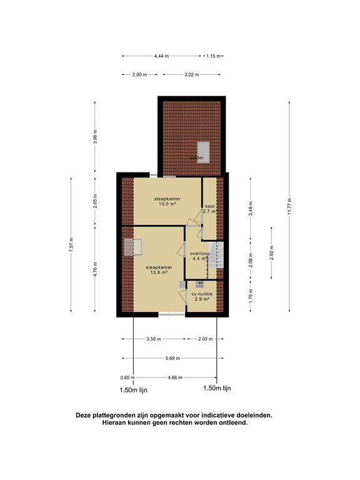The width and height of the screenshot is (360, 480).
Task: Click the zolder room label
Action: tap(197, 157)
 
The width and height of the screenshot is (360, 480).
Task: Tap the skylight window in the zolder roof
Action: tap(203, 151)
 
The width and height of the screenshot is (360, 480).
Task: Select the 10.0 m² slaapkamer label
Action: tap(166, 201)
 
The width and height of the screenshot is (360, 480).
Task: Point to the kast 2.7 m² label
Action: tap(209, 209)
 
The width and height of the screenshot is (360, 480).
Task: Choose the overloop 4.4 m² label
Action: tap(199, 256)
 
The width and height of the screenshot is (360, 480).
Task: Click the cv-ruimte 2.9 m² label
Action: tap(202, 296)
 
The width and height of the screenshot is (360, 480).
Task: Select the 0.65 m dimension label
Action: tap(127, 377)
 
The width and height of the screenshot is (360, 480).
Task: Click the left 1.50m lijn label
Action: tap(133, 389)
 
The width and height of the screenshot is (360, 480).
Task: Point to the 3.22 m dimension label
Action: tap(191, 75)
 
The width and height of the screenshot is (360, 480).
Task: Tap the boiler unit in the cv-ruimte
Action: tap(199, 284)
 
